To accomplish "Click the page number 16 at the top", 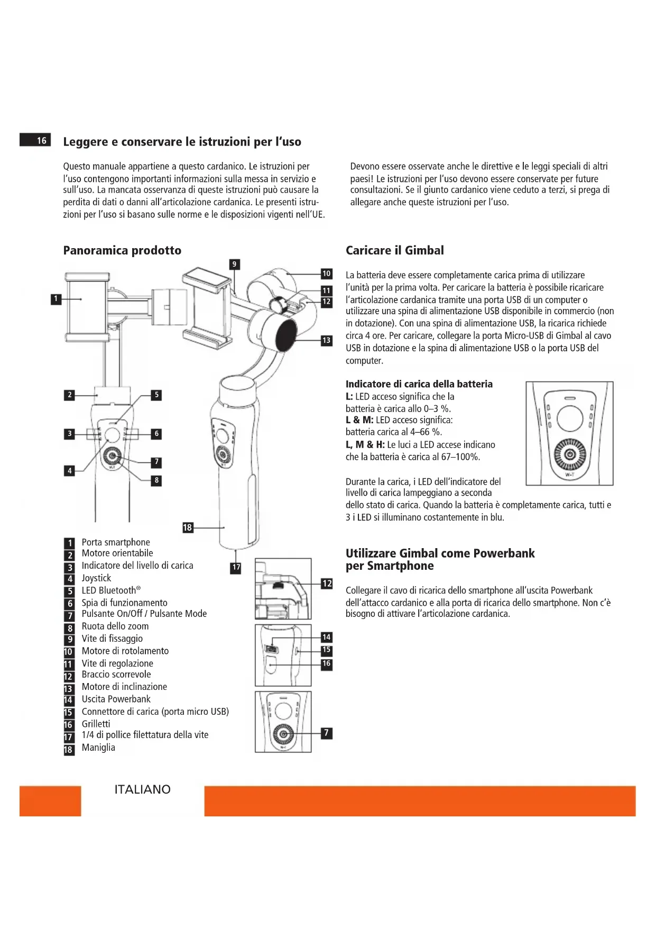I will (x=41, y=140).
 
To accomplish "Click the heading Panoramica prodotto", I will (x=122, y=250).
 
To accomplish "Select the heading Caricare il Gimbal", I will (x=394, y=250).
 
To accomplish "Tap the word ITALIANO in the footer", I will (x=142, y=789).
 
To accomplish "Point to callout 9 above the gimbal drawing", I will (x=234, y=264).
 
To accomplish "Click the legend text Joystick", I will (x=96, y=578).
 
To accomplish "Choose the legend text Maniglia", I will (x=98, y=747).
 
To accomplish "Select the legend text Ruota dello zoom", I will (x=115, y=626).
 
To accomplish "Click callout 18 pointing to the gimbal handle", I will (x=187, y=527).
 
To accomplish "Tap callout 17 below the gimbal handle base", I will (x=236, y=567).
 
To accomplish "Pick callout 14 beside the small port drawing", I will (x=327, y=637).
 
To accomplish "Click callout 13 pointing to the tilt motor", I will (x=327, y=340).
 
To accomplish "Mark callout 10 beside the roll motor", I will (x=327, y=274).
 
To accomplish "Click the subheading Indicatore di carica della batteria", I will (x=419, y=384).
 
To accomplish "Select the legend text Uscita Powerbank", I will (x=116, y=699).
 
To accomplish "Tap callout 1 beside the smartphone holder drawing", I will (x=56, y=299).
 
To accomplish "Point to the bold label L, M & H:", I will (x=365, y=444).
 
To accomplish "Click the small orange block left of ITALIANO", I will (x=50, y=801).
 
